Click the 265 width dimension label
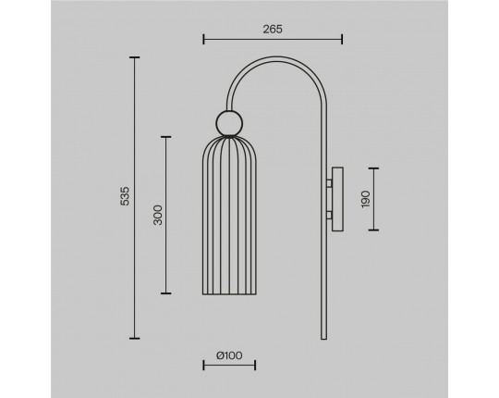[x=273, y=30]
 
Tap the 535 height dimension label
[x=126, y=196]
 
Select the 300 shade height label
[x=157, y=215]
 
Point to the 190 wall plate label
[x=366, y=199]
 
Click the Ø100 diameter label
[x=229, y=355]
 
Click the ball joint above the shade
[x=229, y=123]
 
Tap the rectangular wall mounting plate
[x=337, y=199]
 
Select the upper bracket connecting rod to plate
[x=329, y=183]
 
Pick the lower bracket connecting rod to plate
[x=329, y=216]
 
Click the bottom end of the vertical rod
[x=324, y=339]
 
